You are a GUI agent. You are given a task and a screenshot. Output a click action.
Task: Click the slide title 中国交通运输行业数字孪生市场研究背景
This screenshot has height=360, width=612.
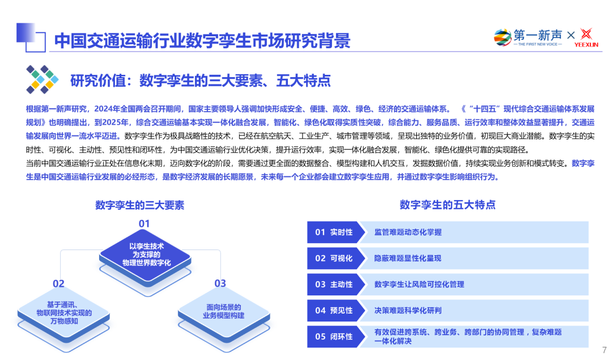[202, 40]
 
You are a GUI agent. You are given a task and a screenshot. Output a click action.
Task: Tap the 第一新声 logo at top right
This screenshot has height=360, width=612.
[528, 37]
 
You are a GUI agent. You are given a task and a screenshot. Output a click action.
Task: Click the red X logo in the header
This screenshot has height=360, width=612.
[586, 36]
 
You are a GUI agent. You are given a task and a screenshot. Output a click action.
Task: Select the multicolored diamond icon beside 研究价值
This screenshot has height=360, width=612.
[42, 79]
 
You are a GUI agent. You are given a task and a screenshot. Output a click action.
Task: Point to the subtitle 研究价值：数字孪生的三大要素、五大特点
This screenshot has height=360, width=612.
[200, 81]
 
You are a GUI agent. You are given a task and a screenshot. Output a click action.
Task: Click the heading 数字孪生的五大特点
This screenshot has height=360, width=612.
[448, 205]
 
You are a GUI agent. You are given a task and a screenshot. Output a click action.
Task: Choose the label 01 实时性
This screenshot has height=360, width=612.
[334, 232]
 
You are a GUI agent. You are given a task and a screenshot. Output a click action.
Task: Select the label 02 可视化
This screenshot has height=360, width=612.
[334, 259]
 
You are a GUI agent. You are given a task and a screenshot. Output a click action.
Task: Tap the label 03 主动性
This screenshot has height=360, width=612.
[334, 285]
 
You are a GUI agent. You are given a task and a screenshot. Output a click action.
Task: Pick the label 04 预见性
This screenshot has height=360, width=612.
[334, 311]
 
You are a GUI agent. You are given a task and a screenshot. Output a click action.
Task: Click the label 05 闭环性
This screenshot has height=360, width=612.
[334, 337]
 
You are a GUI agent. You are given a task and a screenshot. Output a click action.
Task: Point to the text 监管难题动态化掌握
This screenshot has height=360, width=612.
[408, 232]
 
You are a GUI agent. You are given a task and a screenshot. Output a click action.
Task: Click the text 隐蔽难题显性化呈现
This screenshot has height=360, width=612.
[408, 259]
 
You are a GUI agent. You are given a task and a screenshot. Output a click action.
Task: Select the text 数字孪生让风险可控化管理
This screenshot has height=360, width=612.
[419, 285]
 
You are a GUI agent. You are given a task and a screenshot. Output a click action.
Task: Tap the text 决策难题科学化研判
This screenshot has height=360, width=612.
[408, 311]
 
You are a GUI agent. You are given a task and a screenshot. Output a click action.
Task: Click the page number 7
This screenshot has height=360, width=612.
[604, 350]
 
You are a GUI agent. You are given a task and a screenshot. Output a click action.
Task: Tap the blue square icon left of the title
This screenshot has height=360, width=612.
[31, 38]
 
